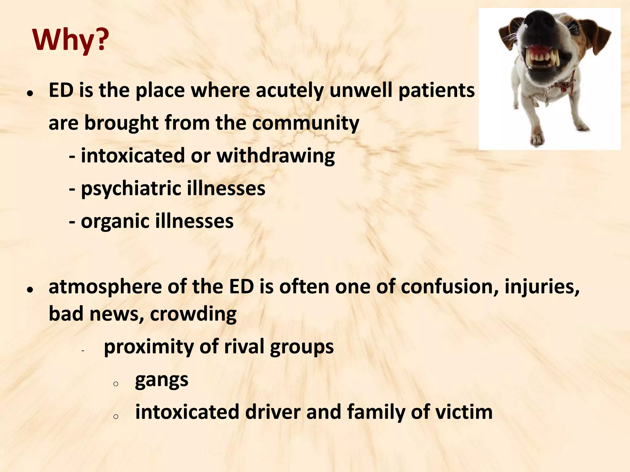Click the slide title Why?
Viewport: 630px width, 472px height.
pyautogui.click(x=70, y=40)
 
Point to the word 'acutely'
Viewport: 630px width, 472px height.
pyautogui.click(x=289, y=91)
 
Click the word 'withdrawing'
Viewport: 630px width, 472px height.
pyautogui.click(x=276, y=155)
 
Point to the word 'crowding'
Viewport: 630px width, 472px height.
pyautogui.click(x=193, y=314)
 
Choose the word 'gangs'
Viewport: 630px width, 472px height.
pyautogui.click(x=161, y=380)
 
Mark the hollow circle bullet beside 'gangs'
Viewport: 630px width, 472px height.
pyautogui.click(x=116, y=384)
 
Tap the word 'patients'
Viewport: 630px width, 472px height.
pyautogui.click(x=437, y=91)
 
